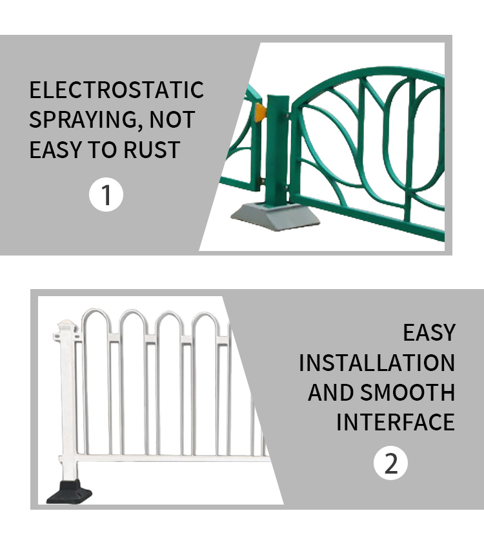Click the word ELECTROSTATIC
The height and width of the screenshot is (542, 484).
(x=117, y=90)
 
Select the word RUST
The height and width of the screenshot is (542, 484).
(x=152, y=150)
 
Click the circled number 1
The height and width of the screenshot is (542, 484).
(x=106, y=195)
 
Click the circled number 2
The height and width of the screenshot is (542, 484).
(x=390, y=463)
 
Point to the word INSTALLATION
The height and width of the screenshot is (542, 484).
(x=377, y=363)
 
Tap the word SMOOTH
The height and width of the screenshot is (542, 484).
(x=408, y=392)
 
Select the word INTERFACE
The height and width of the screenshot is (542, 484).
(x=396, y=422)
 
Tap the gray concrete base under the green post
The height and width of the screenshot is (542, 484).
(x=275, y=216)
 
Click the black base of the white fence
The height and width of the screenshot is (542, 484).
(x=70, y=492)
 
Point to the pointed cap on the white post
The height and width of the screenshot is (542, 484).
(x=67, y=325)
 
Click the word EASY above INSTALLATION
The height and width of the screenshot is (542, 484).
(x=429, y=333)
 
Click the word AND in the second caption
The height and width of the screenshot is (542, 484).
(x=330, y=392)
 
